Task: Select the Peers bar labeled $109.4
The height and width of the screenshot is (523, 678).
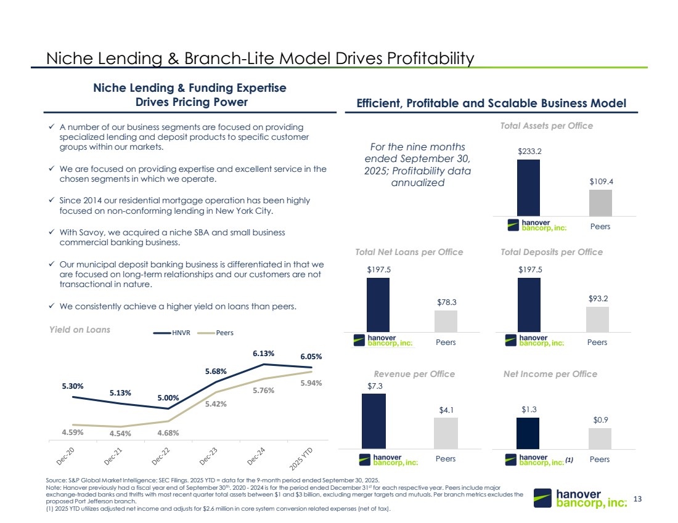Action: [x=600, y=203]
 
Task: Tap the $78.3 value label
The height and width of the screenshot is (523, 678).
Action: [x=446, y=302]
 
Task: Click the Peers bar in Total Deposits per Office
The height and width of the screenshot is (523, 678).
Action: [x=597, y=319]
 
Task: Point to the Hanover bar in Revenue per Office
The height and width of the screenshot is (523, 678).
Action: [x=374, y=421]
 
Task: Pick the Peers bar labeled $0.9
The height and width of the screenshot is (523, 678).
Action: [x=600, y=438]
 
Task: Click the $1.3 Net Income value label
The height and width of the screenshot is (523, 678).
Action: [x=528, y=409]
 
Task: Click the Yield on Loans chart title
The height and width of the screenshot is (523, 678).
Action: [x=80, y=330]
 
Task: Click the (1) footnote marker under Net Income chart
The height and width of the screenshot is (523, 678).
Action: [x=569, y=459]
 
